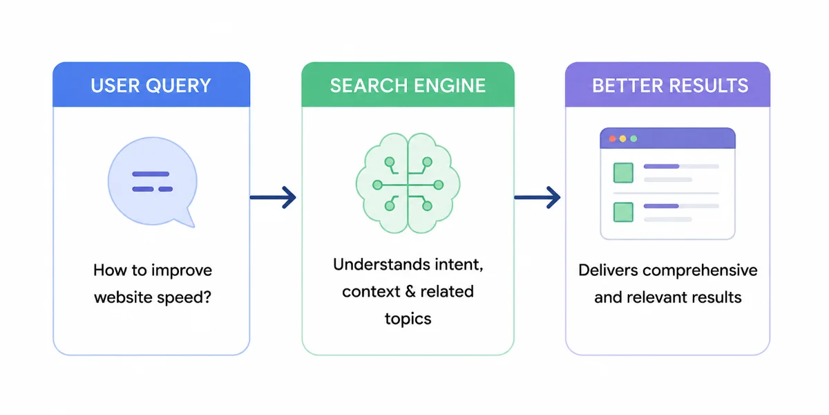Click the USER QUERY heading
pyautogui.click(x=151, y=86)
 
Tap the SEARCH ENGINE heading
pyautogui.click(x=408, y=86)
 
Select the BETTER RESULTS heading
pyautogui.click(x=670, y=86)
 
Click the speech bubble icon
pyautogui.click(x=153, y=181)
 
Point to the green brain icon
pyautogui.click(x=408, y=183)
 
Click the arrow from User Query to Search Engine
pyautogui.click(x=273, y=198)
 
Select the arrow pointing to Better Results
pyautogui.click(x=537, y=198)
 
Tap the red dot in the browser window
pyautogui.click(x=613, y=138)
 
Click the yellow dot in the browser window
pyautogui.click(x=623, y=138)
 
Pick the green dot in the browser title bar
pyautogui.click(x=633, y=138)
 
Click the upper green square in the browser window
pyautogui.click(x=623, y=173)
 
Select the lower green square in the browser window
pyautogui.click(x=623, y=212)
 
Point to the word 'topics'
pyautogui.click(x=408, y=319)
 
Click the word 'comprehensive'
pyautogui.click(x=700, y=271)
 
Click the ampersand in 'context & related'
pyautogui.click(x=410, y=292)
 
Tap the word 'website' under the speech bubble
pyautogui.click(x=123, y=297)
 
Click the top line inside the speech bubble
pyautogui.click(x=151, y=174)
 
